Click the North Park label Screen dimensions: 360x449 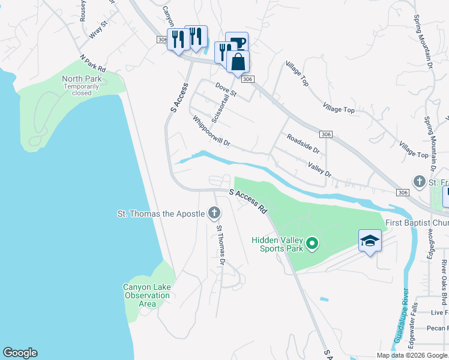tap(82, 79)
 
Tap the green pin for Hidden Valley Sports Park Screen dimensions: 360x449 tap(312, 243)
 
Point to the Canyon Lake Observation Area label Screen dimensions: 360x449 tap(146, 295)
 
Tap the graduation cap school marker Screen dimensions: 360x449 tap(370, 241)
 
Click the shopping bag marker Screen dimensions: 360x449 tap(238, 61)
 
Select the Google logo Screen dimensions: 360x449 tap(20, 353)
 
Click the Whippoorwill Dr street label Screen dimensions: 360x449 tap(211, 131)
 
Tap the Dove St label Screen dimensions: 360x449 tap(226, 90)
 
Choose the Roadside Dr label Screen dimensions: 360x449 tap(303, 144)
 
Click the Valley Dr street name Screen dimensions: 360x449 tap(319, 169)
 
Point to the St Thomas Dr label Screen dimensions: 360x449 tap(220, 245)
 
